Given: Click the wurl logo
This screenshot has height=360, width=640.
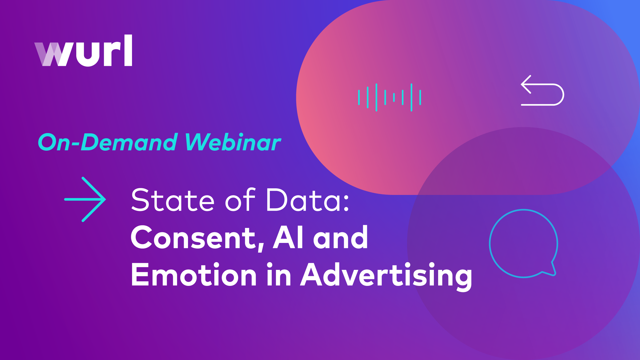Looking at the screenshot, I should (83, 51).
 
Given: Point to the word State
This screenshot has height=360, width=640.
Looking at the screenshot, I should (173, 200).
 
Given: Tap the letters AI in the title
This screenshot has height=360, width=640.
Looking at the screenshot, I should (288, 237).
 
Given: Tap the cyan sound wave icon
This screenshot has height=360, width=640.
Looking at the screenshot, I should (389, 97).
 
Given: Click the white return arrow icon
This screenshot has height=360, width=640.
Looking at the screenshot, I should (542, 91).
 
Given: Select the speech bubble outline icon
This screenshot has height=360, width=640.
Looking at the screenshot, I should (523, 243).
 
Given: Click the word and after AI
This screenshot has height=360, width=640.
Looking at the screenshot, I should (341, 237).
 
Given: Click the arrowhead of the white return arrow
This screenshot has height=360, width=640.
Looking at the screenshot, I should (525, 84).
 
